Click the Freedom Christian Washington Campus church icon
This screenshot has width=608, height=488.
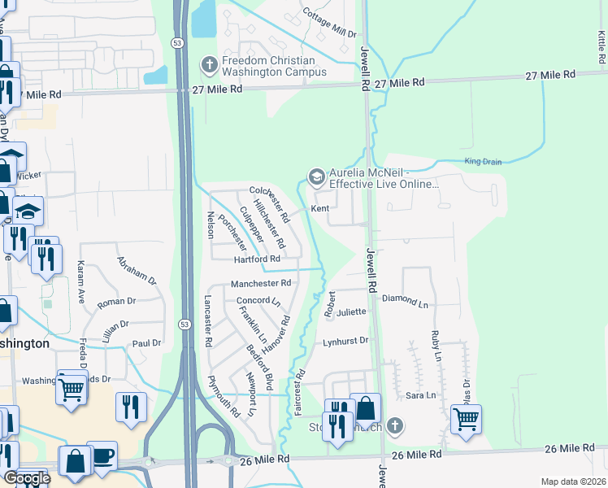(x=209, y=64)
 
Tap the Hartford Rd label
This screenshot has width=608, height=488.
(x=257, y=259)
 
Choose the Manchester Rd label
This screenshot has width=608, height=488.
(x=261, y=284)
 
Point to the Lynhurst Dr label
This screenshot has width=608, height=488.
(x=346, y=341)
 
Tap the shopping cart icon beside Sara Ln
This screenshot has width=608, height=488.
(x=466, y=420)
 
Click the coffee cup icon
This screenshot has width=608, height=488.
(x=102, y=456)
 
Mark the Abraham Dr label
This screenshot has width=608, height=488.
(x=136, y=269)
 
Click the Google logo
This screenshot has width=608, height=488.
(x=27, y=478)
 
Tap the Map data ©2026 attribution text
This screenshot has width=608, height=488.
(x=573, y=481)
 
